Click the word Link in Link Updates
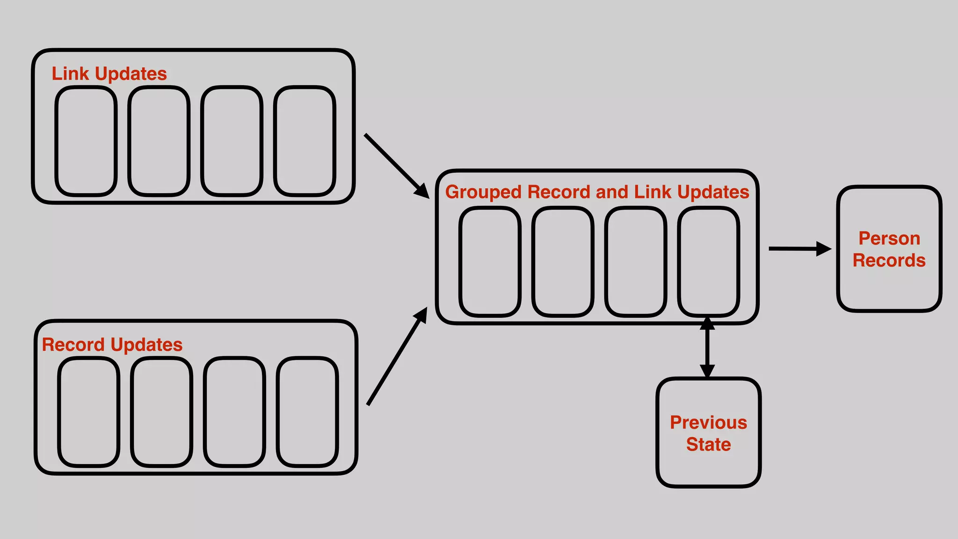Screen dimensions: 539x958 pos(70,74)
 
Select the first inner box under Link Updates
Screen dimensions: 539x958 pos(86,141)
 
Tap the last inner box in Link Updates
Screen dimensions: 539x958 pos(305,141)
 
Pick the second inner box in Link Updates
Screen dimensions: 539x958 pos(159,141)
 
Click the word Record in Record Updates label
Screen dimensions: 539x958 pos(73,345)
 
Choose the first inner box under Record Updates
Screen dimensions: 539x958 pos(89,412)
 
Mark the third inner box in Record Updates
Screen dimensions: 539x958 pos(234,412)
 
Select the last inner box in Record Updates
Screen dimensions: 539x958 pos(307,412)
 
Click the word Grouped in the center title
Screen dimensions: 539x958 pos(483,192)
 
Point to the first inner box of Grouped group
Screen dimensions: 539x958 pos(490,262)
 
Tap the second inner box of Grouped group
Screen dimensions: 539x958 pos(563,262)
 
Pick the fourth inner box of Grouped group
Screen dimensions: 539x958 pos(709,262)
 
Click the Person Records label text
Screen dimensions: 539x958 pos(889,249)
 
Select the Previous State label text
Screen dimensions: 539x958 pos(708,433)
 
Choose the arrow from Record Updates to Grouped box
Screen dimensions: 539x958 pos(397,357)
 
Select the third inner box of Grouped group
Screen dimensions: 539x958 pos(636,262)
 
